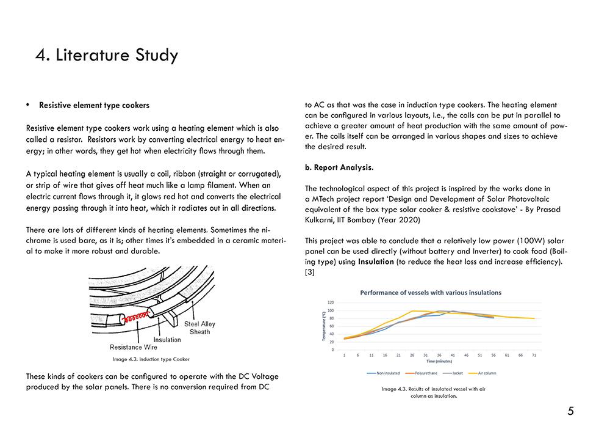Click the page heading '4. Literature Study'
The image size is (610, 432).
(x=107, y=55)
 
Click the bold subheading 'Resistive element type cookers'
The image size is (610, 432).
(x=94, y=105)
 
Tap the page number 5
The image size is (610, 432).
(x=570, y=411)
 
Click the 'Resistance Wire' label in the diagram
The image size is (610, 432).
(x=133, y=347)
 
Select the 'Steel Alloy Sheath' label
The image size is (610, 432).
(x=199, y=328)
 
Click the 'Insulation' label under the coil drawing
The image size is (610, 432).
(x=167, y=340)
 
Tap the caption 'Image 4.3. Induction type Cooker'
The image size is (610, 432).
(x=151, y=359)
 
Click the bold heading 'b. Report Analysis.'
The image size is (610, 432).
(x=339, y=167)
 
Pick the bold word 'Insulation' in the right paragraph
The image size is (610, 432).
(x=378, y=262)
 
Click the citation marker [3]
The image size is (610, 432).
(x=309, y=272)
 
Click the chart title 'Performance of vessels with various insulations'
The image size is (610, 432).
(x=431, y=293)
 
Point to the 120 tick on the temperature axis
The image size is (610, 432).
(x=331, y=302)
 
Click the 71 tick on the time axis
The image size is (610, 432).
(x=534, y=354)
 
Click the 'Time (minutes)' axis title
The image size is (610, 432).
(x=439, y=361)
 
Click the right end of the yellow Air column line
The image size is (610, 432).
(x=535, y=318)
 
